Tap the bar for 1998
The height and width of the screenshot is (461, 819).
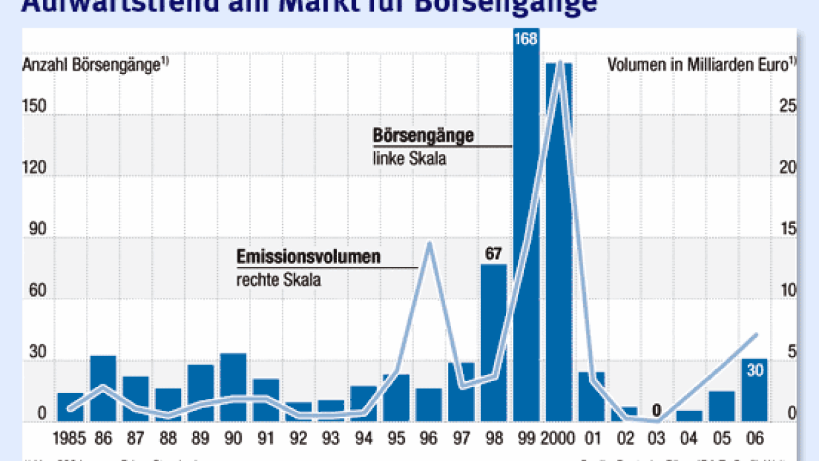point(493,343)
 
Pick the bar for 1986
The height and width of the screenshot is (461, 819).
point(103,390)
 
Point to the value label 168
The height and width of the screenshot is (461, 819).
point(526,38)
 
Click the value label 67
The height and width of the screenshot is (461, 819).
point(493,253)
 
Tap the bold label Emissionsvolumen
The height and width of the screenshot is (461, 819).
point(308,257)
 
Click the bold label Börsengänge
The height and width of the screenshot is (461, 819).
point(423,135)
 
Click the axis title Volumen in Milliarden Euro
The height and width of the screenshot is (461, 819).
point(698,65)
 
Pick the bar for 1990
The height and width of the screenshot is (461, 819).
point(233,388)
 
